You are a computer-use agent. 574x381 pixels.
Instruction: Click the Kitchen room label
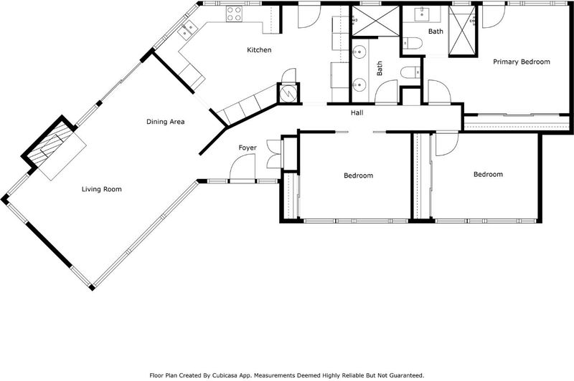click(x=259, y=49)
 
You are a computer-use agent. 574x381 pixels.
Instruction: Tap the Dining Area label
click(x=166, y=122)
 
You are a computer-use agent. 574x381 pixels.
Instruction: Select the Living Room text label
click(x=101, y=189)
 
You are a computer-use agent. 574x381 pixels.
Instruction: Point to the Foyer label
click(x=248, y=148)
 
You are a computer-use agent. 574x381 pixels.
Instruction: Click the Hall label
click(x=357, y=113)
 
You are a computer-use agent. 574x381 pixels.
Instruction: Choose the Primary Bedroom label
click(x=522, y=62)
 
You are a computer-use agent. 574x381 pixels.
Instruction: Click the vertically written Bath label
click(x=380, y=68)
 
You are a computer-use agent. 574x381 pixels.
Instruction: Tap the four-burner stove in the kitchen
click(x=234, y=14)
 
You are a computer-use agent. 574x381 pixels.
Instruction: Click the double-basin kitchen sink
click(x=187, y=29)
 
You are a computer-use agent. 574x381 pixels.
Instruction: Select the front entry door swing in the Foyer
click(x=242, y=167)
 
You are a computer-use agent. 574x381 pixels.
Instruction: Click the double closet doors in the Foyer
click(x=274, y=154)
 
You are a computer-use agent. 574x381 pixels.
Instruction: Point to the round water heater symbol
click(x=288, y=94)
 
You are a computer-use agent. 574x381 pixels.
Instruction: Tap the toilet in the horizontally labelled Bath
click(x=413, y=43)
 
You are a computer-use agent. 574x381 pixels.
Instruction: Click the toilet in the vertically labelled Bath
click(x=412, y=72)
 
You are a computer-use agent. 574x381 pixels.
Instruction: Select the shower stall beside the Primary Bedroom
click(x=463, y=30)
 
